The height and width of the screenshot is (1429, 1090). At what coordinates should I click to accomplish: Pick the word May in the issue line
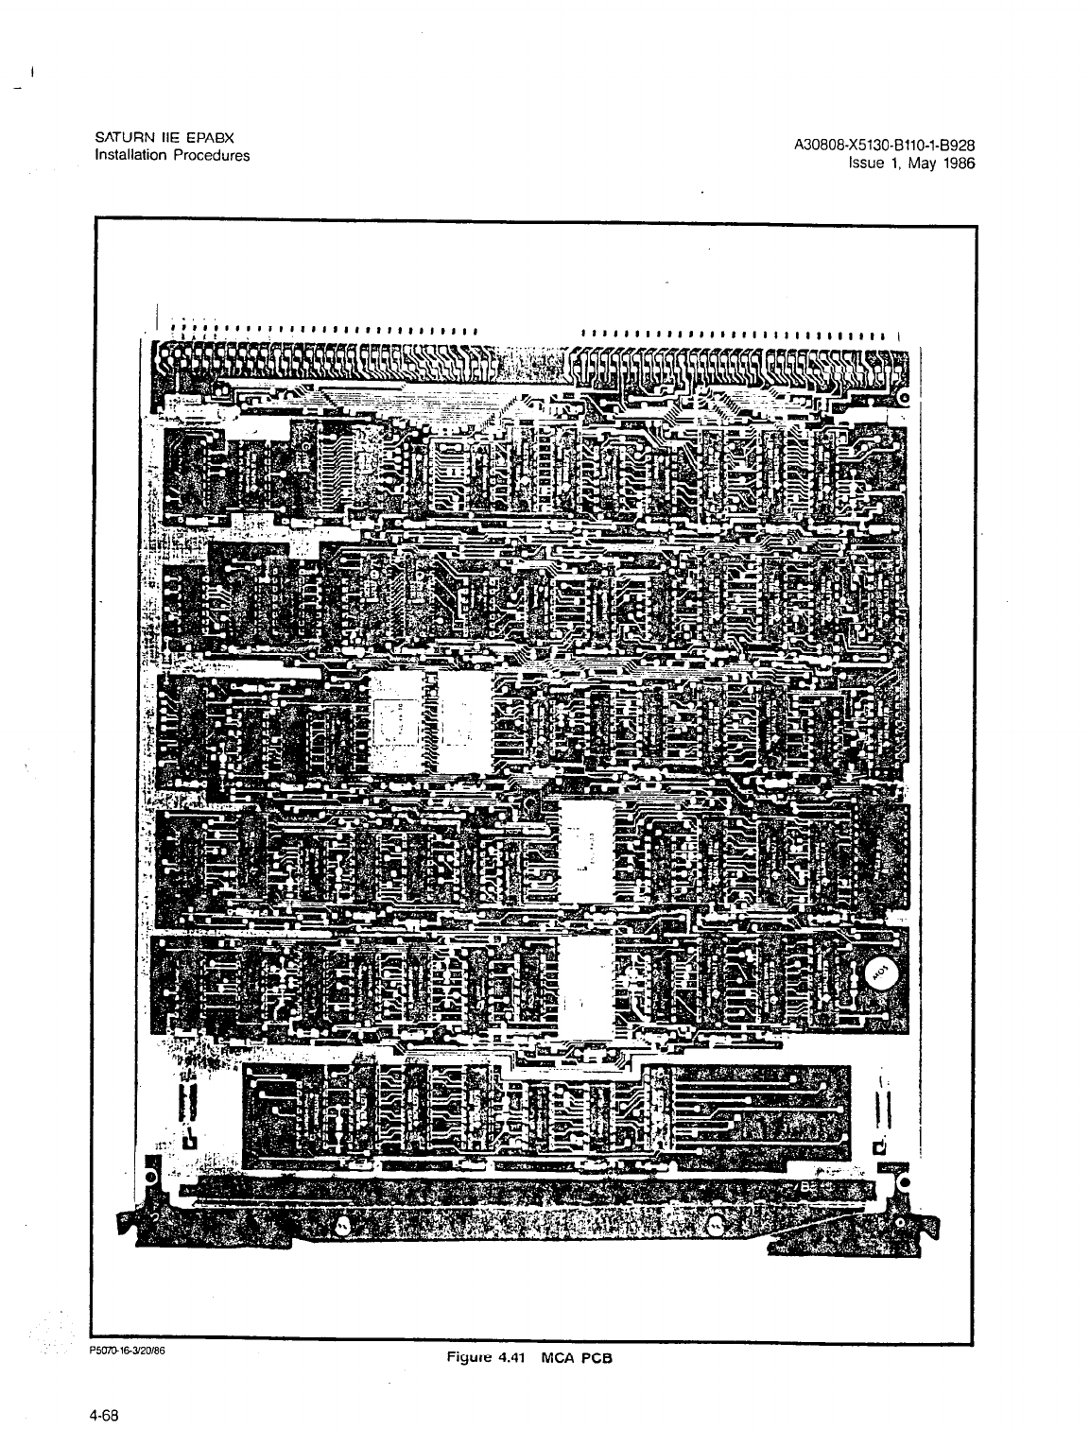(x=915, y=163)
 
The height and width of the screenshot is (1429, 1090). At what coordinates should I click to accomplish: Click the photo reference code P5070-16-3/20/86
(x=129, y=1351)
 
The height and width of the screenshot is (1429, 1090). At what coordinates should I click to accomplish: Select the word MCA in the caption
(x=558, y=1357)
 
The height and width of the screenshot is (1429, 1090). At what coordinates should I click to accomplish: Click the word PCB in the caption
(x=597, y=1357)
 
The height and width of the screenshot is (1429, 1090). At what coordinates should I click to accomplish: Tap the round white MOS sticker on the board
(x=879, y=974)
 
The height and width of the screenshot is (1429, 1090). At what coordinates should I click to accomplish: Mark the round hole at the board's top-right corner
(x=904, y=398)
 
